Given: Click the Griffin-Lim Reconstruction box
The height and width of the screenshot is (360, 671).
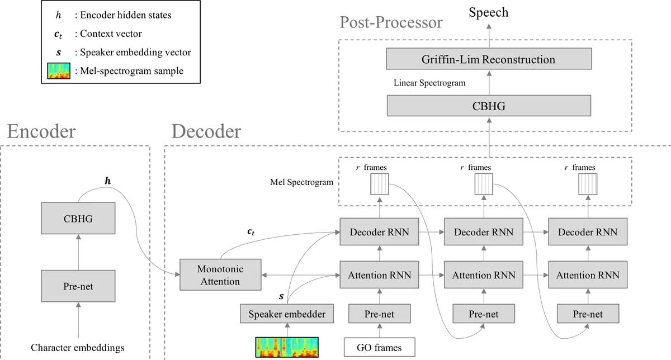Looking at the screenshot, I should pyautogui.click(x=488, y=59).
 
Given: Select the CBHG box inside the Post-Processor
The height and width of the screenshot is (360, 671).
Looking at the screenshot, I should pyautogui.click(x=488, y=105).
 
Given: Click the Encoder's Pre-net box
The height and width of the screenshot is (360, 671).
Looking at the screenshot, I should pyautogui.click(x=78, y=286).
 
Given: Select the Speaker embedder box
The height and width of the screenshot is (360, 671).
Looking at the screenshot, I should pyautogui.click(x=286, y=314).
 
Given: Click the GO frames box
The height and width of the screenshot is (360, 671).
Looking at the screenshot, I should pyautogui.click(x=380, y=348).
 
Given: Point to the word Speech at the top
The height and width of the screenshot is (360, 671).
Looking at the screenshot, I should pyautogui.click(x=488, y=12).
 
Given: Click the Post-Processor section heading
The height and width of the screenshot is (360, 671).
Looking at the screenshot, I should pyautogui.click(x=391, y=23).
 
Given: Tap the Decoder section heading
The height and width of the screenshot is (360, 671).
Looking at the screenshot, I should pyautogui.click(x=206, y=131).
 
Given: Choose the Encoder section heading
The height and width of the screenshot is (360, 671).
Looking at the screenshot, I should pyautogui.click(x=41, y=131).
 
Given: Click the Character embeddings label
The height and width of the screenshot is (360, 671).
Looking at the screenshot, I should pyautogui.click(x=78, y=348).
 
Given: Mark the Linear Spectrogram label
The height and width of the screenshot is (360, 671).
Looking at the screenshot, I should pyautogui.click(x=430, y=83).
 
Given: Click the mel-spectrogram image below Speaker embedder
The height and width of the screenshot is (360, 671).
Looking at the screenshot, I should pyautogui.click(x=287, y=347).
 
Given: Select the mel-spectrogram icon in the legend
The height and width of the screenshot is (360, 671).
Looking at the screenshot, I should pyautogui.click(x=59, y=71).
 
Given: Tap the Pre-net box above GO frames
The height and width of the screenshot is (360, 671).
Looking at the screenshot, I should pyautogui.click(x=379, y=314).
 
